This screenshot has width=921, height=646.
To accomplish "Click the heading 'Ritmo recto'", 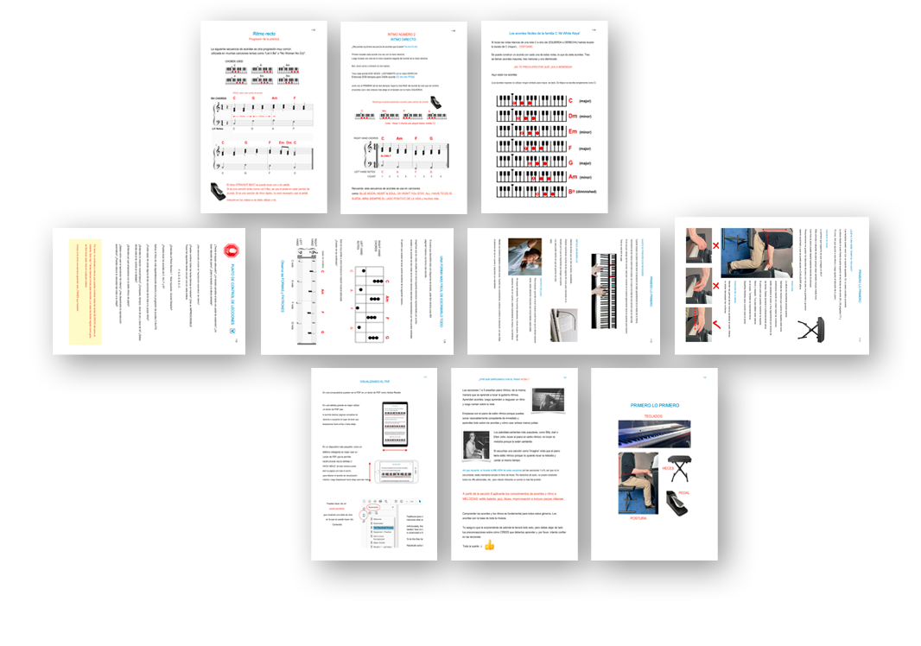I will click(x=264, y=33).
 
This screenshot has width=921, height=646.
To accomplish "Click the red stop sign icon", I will click(x=232, y=250).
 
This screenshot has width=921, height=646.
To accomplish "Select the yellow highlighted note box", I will click(x=85, y=291).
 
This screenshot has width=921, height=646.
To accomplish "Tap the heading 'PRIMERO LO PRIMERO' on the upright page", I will click(x=654, y=404).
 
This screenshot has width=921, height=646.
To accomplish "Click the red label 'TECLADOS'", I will click(x=653, y=416).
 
